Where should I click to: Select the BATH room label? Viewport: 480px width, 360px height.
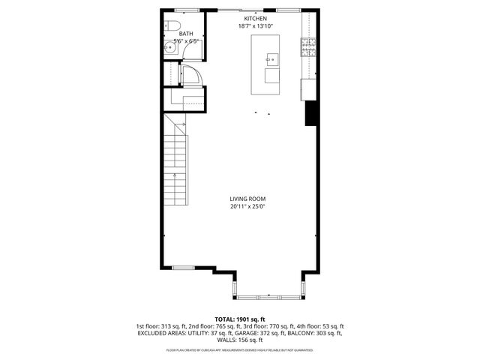pos(185,34)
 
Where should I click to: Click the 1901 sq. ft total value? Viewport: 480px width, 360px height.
pos(252,319)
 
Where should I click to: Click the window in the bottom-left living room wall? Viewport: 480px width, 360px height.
pos(184,268)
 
